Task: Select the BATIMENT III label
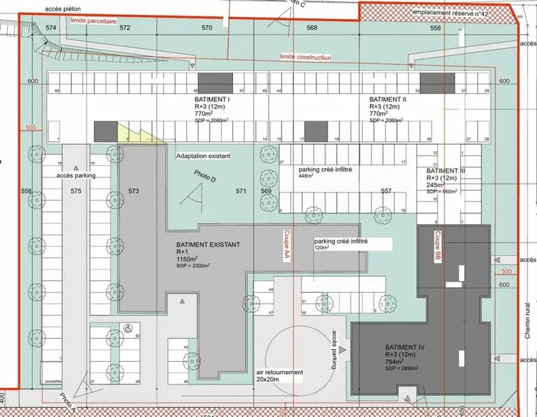(446, 171)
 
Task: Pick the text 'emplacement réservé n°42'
(450, 13)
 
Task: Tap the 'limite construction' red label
(305, 57)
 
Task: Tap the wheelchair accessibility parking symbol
(129, 328)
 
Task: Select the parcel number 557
(386, 191)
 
